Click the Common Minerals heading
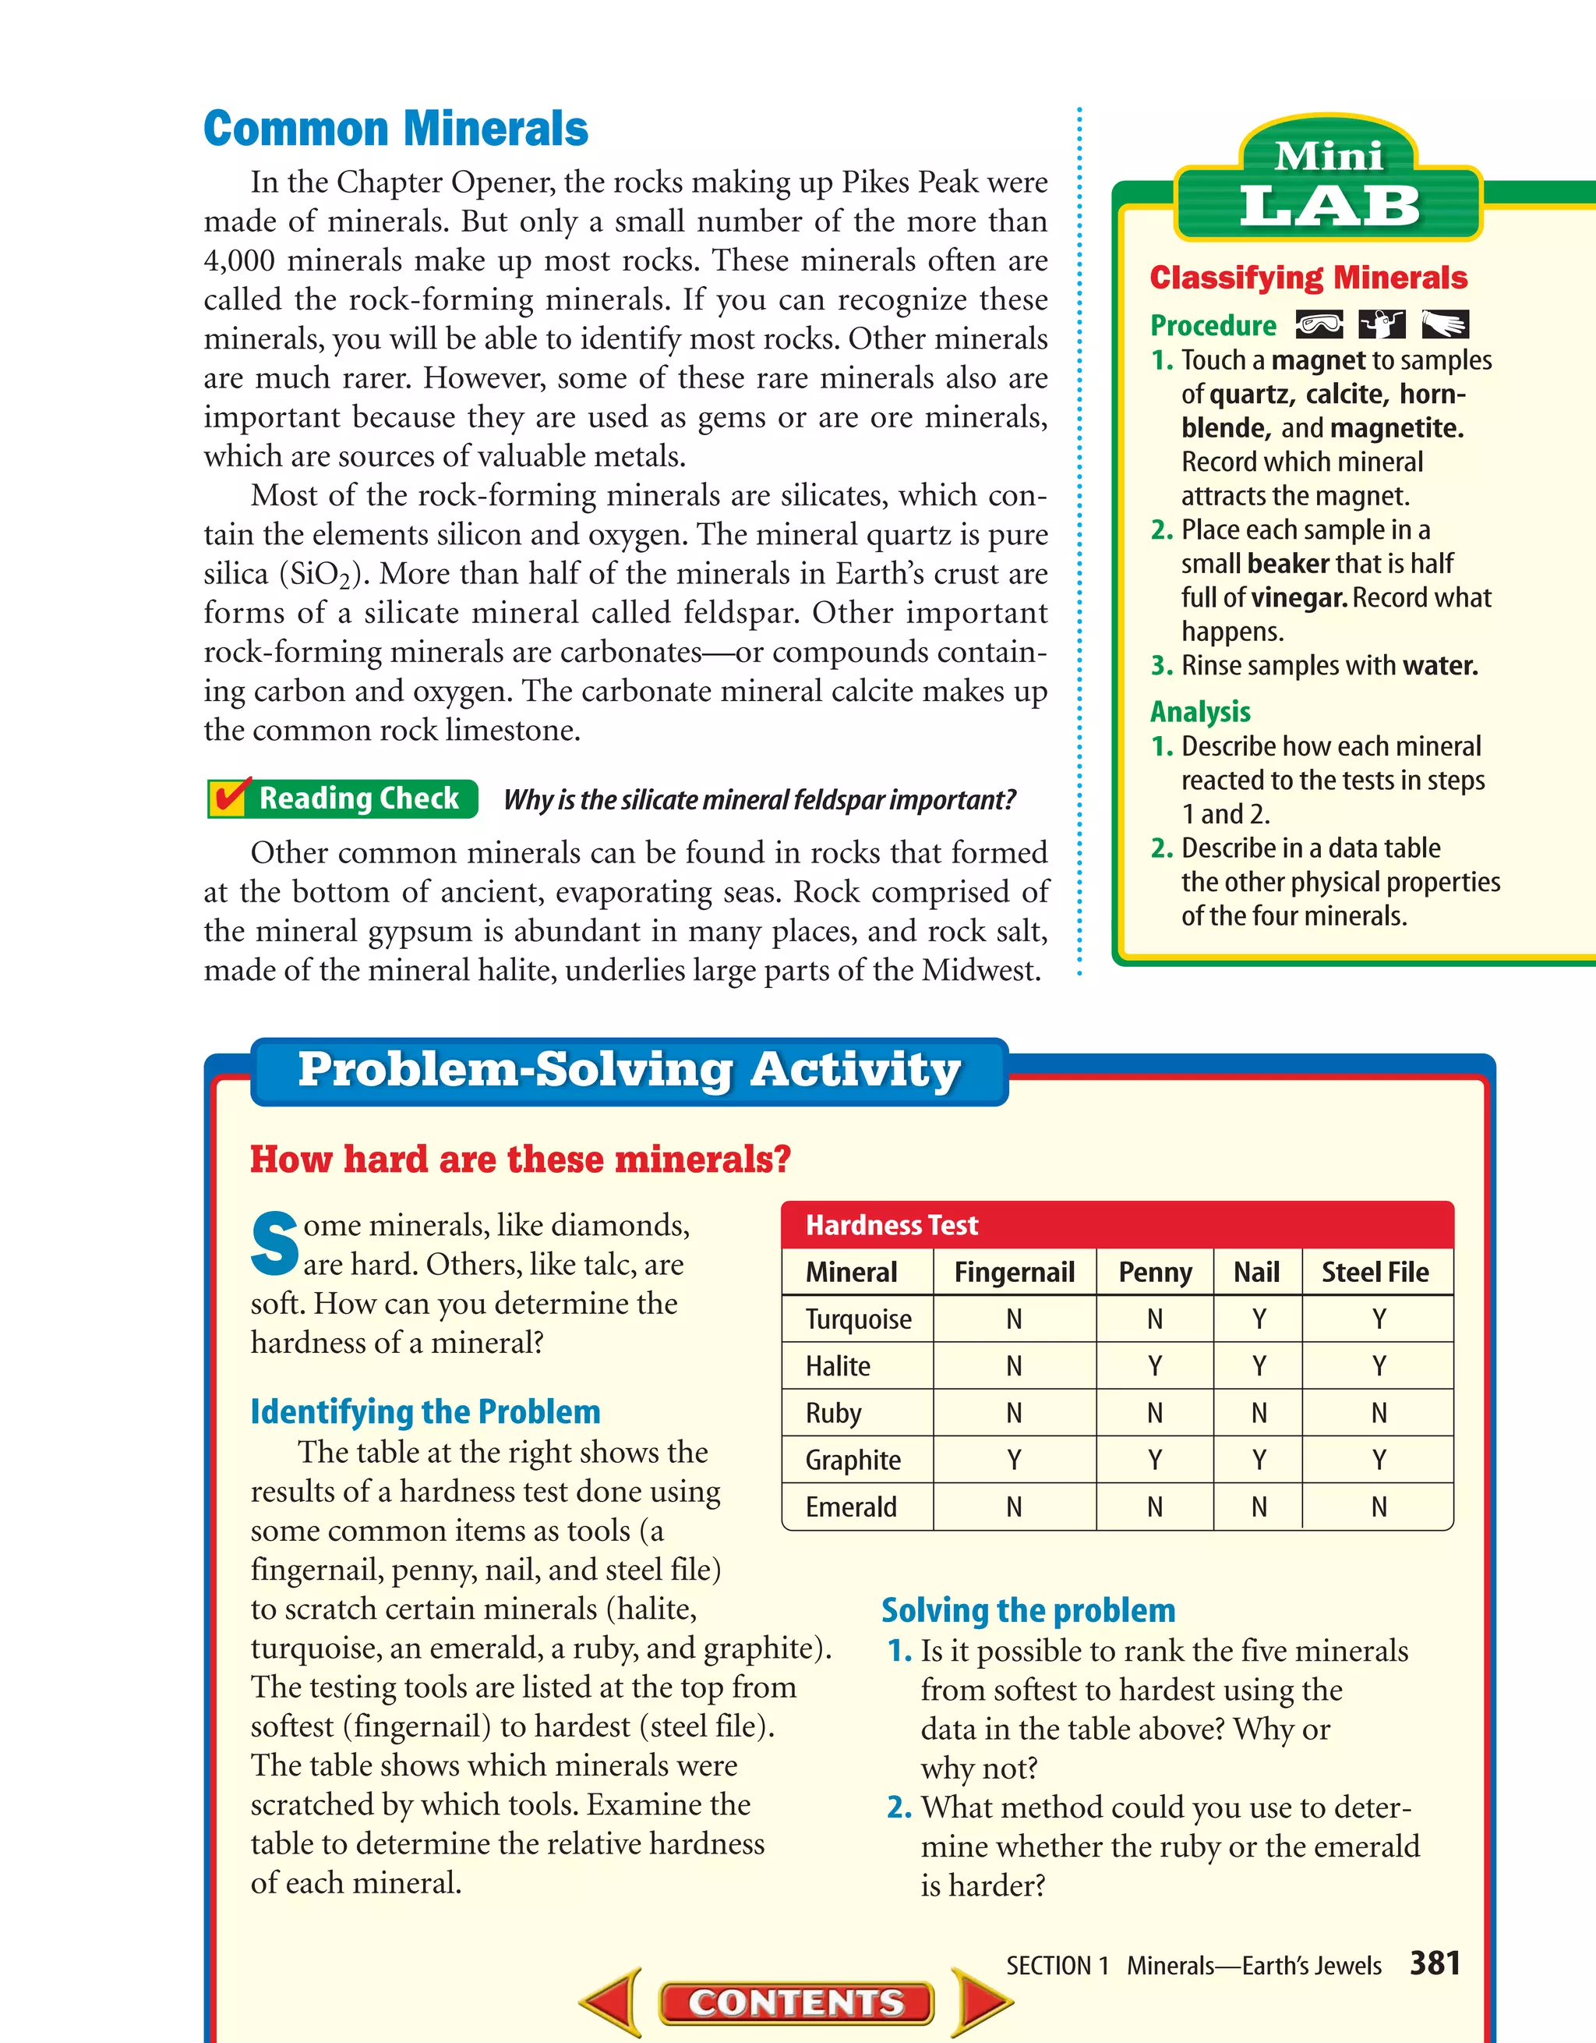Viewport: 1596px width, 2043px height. [x=396, y=129]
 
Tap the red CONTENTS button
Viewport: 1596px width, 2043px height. [x=796, y=2002]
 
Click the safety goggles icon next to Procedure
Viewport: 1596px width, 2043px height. [x=1319, y=324]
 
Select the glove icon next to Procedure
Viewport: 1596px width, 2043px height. [x=1445, y=324]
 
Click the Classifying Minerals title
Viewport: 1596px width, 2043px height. [x=1308, y=278]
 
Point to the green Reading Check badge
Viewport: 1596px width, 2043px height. [x=343, y=798]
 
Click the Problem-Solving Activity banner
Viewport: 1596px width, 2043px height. [x=628, y=1070]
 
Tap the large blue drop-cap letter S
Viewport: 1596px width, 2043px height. [x=274, y=1245]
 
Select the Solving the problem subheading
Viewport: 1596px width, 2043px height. [x=1028, y=1610]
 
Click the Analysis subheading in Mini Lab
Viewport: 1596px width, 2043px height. [x=1199, y=711]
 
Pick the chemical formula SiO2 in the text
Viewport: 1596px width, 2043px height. [x=321, y=573]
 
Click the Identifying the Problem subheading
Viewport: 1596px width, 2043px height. [x=425, y=1411]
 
